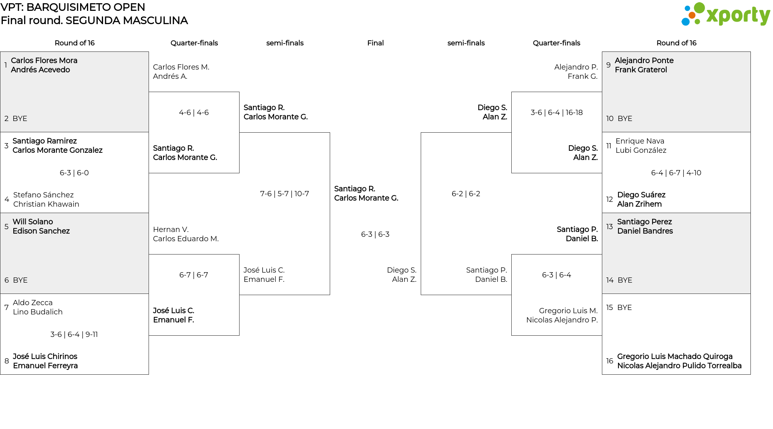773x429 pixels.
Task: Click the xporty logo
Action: point(725,14)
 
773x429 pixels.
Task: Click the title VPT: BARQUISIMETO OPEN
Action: point(73,7)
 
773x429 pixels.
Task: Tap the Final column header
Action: point(375,43)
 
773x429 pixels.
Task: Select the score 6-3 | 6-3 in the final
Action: point(375,234)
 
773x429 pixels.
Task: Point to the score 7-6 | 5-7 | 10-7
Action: point(285,194)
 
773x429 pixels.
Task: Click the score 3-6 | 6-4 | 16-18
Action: point(556,113)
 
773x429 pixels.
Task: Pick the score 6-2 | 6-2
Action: point(466,194)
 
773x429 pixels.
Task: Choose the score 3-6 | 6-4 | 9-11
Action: point(74,335)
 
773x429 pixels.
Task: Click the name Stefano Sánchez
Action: point(43,195)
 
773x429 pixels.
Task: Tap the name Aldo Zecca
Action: point(33,303)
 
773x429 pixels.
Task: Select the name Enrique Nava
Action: point(640,141)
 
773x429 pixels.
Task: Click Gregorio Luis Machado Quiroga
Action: point(675,357)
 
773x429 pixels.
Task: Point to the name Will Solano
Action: point(33,222)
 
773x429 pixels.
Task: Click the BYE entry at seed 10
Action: point(625,119)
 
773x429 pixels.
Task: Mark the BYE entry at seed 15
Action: point(624,308)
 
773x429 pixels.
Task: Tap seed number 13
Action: point(610,227)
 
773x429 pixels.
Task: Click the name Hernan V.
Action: point(171,230)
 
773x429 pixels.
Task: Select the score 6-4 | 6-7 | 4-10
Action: point(676,173)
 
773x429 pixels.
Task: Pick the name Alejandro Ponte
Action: point(644,61)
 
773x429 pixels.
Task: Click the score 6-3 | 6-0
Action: point(74,173)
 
